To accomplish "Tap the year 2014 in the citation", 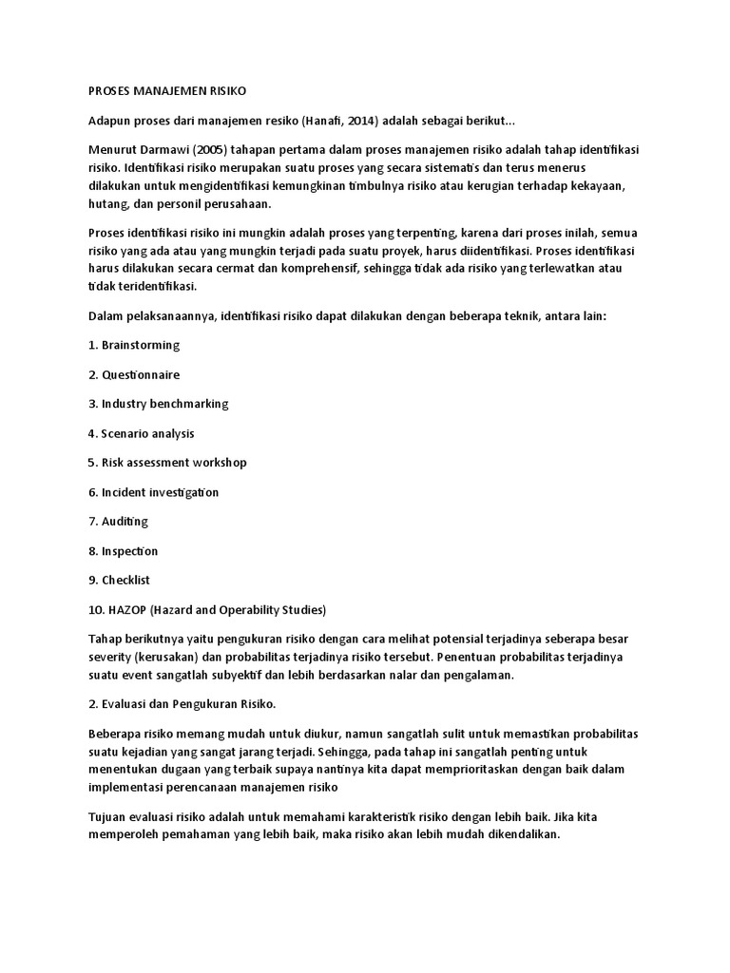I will click(395, 122).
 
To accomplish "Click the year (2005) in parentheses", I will click(213, 151).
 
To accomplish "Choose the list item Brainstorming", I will click(140, 344).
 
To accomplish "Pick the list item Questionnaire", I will click(140, 374).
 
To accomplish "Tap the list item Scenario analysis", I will click(147, 433).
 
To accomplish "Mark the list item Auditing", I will click(125, 522).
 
